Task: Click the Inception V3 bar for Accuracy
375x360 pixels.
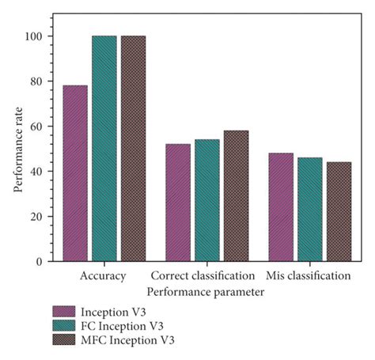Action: (76, 173)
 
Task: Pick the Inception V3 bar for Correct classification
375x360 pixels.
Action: (178, 203)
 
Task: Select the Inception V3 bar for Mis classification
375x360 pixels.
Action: (280, 207)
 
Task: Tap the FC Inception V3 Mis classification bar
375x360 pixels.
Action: (309, 210)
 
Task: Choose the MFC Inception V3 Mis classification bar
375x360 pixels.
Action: (337, 212)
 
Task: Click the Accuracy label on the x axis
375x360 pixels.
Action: (104, 276)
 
